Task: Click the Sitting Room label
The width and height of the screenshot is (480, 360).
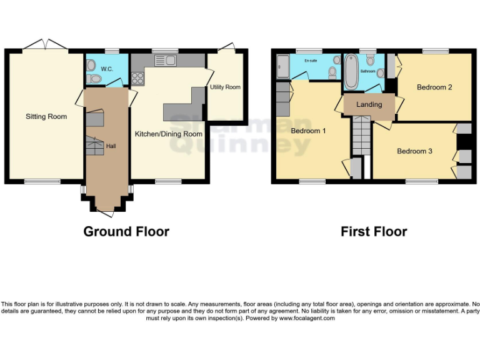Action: [x=46, y=116]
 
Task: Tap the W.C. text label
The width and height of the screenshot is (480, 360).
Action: [x=106, y=69]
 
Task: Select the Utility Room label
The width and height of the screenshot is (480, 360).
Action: [x=226, y=87]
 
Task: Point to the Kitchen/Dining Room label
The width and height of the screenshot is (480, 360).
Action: [x=169, y=134]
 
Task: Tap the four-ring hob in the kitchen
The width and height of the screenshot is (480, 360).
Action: [x=137, y=78]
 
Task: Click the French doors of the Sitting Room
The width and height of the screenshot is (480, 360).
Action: [x=45, y=46]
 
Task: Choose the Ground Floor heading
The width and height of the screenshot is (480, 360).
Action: [x=126, y=231]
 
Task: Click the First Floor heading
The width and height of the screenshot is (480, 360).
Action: [x=374, y=231]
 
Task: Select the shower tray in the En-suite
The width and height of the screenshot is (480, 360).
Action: [x=282, y=67]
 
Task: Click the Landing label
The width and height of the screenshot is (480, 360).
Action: [x=369, y=104]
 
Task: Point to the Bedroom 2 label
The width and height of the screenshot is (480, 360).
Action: [x=434, y=87]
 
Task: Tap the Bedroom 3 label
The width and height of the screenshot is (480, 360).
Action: [x=414, y=151]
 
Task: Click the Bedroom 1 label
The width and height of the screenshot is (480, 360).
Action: [x=308, y=131]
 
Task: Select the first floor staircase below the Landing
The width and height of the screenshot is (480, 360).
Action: [x=361, y=135]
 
